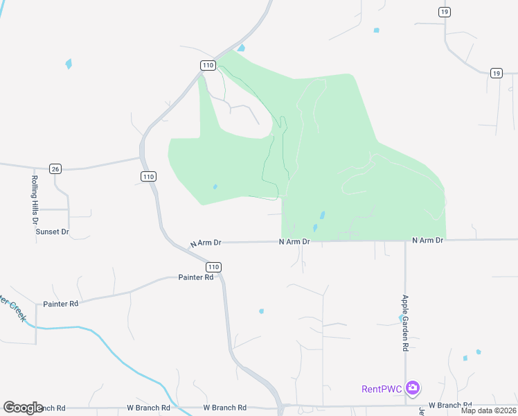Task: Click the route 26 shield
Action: click(56, 168)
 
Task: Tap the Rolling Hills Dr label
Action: click(35, 200)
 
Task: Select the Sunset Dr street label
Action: click(53, 231)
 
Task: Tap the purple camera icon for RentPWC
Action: click(413, 388)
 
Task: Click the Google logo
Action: click(24, 408)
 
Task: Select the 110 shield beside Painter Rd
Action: click(213, 267)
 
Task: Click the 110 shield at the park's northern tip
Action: click(208, 65)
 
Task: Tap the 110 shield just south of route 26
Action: click(148, 177)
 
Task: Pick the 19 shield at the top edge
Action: click(445, 12)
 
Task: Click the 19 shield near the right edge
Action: click(497, 73)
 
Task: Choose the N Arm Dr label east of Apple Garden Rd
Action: click(427, 240)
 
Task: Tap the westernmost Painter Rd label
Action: click(61, 304)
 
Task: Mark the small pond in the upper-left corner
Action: click(69, 64)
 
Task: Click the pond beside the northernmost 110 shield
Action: click(241, 49)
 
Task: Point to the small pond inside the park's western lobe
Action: click(215, 187)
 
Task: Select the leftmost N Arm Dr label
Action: click(206, 243)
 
